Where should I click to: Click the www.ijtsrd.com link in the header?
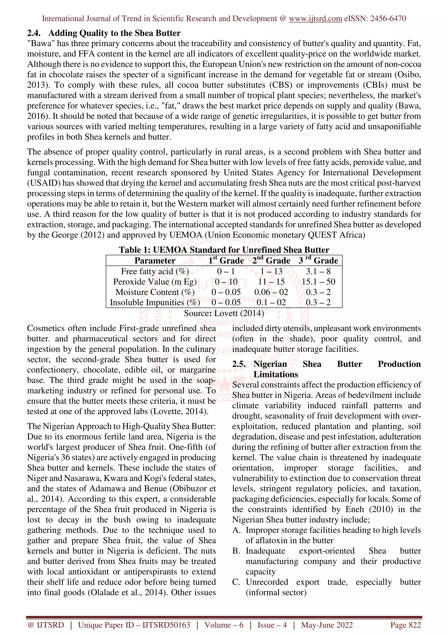tap(315, 19)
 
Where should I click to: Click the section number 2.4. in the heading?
tap(34, 33)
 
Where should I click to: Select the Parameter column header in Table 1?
tap(155, 261)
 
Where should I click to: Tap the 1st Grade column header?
tap(226, 261)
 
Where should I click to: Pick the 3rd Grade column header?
tap(318, 261)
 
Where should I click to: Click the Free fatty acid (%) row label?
tap(155, 271)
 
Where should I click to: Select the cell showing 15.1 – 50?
tap(318, 282)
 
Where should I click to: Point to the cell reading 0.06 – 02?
tap(271, 292)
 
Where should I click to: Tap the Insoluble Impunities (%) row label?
tap(155, 302)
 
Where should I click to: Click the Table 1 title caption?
tap(224, 250)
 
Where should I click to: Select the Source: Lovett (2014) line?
tap(224, 313)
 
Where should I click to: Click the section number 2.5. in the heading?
tap(239, 364)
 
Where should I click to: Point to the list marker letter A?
tap(236, 530)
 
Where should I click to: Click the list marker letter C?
tap(236, 582)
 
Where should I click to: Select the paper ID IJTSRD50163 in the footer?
tap(166, 625)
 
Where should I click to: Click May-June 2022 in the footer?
tap(327, 625)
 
